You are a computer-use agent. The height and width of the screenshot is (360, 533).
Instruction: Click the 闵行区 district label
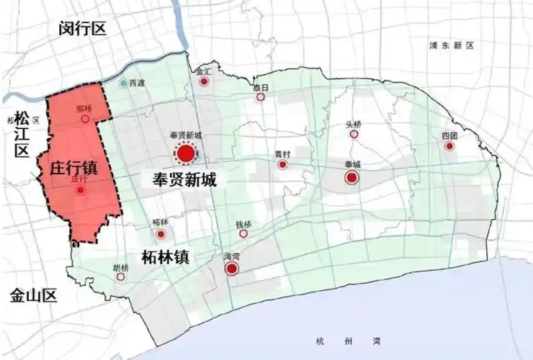coord(82,28)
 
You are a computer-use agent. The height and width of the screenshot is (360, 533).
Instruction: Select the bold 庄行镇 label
coord(74,168)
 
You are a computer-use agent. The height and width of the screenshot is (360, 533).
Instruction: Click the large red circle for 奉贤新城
coord(185,153)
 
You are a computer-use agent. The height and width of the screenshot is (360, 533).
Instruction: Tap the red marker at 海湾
coord(232,269)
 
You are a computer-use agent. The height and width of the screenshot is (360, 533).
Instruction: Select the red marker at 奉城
coord(351,178)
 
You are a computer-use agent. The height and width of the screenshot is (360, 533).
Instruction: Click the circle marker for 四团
coord(449,146)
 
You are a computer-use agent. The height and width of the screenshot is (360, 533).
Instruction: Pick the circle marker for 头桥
coord(354,134)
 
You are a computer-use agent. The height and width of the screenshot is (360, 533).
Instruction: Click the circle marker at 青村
coord(282,165)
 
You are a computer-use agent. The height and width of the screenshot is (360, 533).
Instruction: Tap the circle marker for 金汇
coord(204,82)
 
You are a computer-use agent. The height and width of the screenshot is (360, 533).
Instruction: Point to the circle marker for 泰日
coord(261,97)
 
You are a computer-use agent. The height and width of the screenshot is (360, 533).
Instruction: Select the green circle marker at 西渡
coord(124,84)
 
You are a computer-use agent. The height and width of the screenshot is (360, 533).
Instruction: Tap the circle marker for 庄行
coord(80,191)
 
